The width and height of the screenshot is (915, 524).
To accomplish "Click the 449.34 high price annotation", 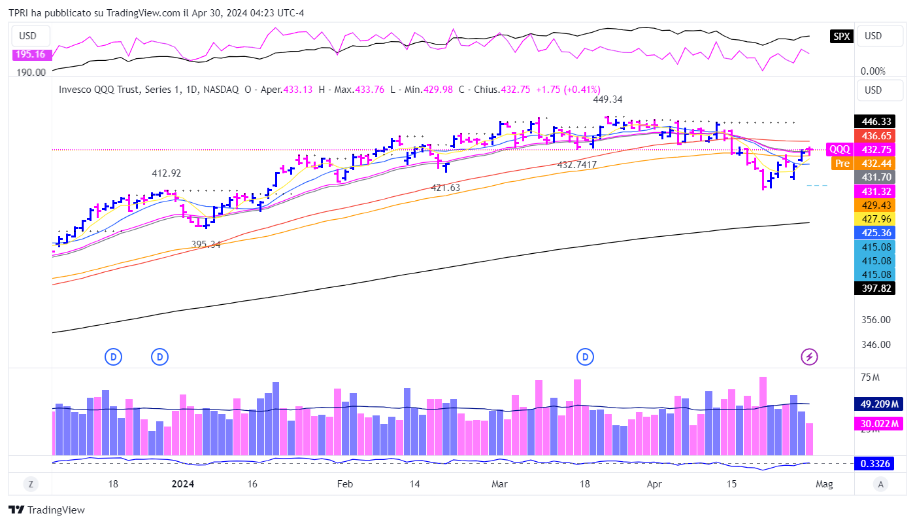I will click(607, 99).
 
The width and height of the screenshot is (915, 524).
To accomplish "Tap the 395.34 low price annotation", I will click(206, 244).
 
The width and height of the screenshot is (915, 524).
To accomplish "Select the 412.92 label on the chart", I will click(167, 173).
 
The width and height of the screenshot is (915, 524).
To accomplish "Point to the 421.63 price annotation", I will click(446, 188).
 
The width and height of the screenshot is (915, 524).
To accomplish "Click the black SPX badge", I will click(841, 37).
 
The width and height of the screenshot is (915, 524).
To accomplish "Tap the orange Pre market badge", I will click(842, 164).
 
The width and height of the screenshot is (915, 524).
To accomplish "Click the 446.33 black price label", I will click(876, 122).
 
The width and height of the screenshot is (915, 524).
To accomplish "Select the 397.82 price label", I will click(876, 288).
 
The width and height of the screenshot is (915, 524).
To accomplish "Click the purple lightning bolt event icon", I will click(810, 357).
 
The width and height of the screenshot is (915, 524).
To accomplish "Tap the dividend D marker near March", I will click(585, 357).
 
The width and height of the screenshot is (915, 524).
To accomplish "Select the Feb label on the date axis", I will click(344, 484).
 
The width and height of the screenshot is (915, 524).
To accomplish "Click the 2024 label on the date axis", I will click(182, 484).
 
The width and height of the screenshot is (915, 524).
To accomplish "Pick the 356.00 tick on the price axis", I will click(876, 320).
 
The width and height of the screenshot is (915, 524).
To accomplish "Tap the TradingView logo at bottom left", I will click(47, 510).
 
